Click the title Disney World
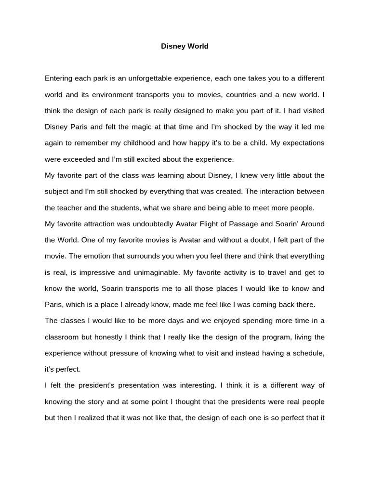click(185, 47)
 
